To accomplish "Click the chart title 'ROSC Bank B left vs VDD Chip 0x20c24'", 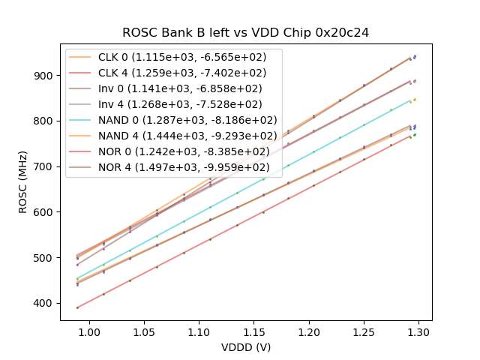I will pos(246,33).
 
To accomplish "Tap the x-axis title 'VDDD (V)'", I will pos(246,347).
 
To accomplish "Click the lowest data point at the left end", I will pos(77,307).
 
